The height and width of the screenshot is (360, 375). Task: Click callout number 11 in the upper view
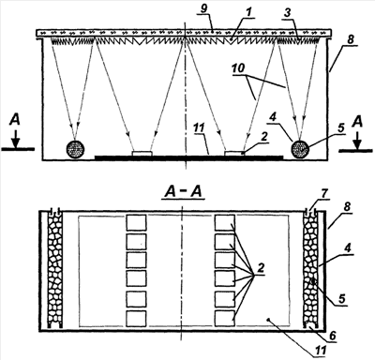200,128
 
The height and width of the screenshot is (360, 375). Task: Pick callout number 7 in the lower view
323,194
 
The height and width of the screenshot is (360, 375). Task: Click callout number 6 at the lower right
332,336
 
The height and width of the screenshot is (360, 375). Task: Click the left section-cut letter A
15,119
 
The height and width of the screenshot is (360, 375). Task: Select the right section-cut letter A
357,122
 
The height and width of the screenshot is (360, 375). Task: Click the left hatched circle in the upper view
75,148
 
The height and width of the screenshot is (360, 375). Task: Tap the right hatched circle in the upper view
300,148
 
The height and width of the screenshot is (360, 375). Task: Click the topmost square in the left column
136,223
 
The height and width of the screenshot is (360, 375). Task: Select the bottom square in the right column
225,319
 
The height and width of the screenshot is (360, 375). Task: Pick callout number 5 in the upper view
340,127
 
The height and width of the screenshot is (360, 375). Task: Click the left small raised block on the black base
142,154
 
